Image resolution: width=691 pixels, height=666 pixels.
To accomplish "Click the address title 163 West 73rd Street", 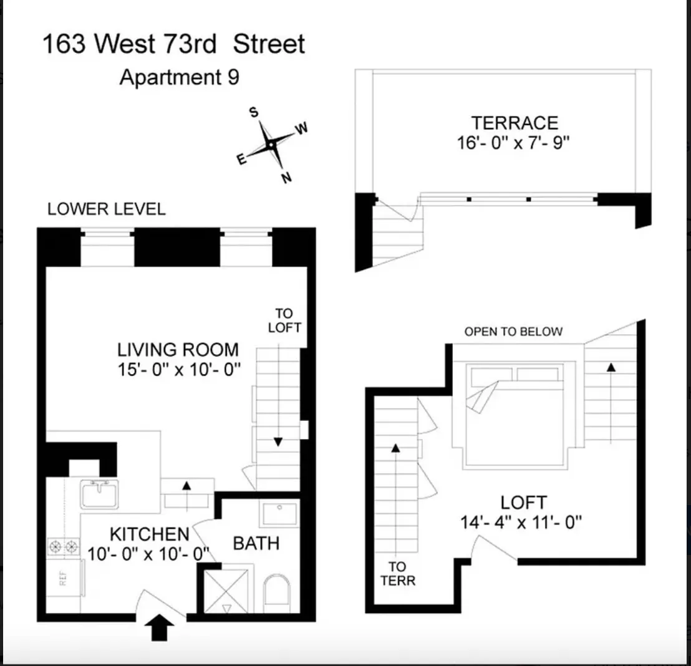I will [x=173, y=45].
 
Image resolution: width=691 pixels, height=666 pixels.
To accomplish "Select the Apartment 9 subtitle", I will [x=179, y=78].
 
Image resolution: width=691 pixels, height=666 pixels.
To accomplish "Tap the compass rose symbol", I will [x=271, y=145].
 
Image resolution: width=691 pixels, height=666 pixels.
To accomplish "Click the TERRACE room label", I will [x=514, y=122].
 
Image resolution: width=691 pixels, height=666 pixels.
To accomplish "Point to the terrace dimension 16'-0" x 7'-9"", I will [x=514, y=143].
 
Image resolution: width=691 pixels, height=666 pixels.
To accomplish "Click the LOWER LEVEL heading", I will [x=107, y=209].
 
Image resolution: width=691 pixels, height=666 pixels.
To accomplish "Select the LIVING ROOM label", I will [x=178, y=349].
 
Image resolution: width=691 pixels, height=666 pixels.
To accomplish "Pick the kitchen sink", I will [x=99, y=493].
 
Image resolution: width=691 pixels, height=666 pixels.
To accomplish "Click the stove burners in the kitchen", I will [x=64, y=547].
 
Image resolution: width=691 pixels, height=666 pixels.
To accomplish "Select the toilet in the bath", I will [x=276, y=597].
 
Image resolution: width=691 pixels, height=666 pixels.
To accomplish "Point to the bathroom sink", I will [x=280, y=514].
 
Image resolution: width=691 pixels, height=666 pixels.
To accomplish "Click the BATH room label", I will [x=256, y=543].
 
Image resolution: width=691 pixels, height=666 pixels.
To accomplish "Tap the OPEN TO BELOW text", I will [x=513, y=332].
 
